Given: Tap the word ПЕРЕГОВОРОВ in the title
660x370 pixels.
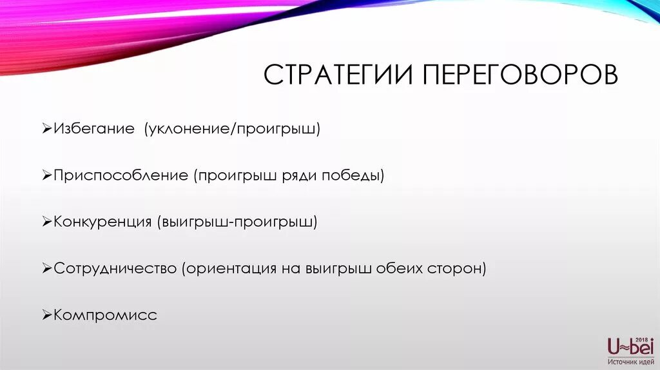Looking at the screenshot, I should click(521, 75).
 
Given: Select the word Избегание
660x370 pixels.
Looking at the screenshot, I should click(94, 129).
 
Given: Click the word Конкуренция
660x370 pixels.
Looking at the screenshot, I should click(102, 222).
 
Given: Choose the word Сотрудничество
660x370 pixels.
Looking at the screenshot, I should click(115, 269).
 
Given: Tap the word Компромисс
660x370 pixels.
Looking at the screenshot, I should click(106, 315).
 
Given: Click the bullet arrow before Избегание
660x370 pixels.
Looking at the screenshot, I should click(47, 130).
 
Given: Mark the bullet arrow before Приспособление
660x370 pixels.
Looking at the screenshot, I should click(47, 176).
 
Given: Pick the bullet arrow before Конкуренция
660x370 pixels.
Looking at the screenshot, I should click(47, 222).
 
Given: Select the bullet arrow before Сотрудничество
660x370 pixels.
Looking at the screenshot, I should click(47, 269).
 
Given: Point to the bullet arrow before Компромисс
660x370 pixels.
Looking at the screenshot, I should click(47, 316).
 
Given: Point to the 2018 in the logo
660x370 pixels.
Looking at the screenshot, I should click(641, 339).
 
